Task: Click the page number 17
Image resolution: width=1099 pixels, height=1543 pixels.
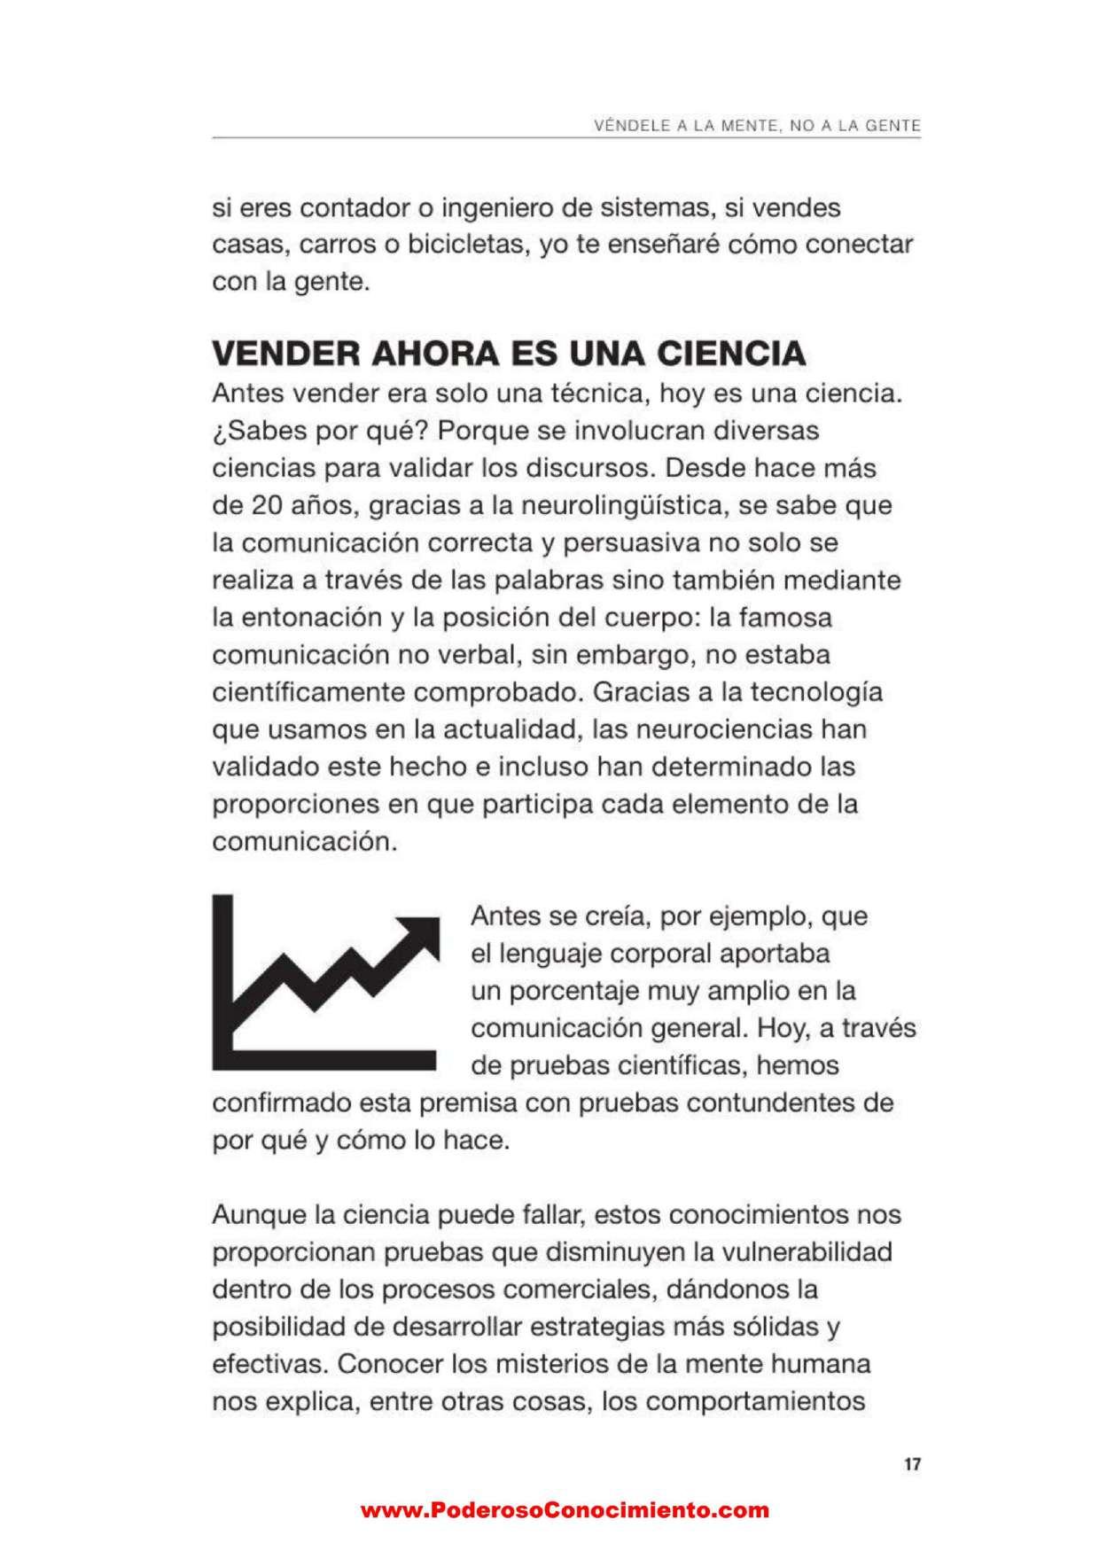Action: tap(912, 1465)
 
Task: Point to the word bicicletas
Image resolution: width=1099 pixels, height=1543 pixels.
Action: tap(463, 245)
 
